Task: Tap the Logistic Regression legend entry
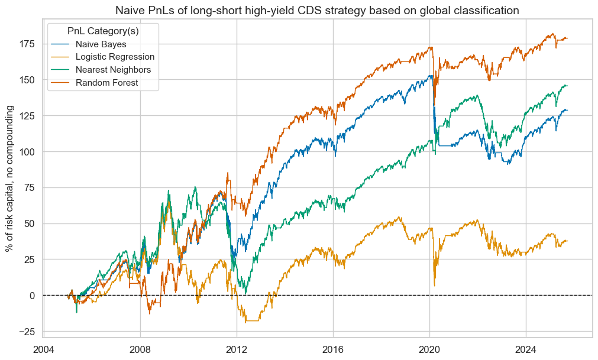[x=115, y=57]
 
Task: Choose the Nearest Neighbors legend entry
[x=113, y=70]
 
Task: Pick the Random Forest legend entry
[x=107, y=83]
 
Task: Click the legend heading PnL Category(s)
[x=104, y=30]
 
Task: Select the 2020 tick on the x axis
[x=429, y=349]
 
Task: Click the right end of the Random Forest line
[x=567, y=38]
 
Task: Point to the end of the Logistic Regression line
[x=567, y=241]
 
